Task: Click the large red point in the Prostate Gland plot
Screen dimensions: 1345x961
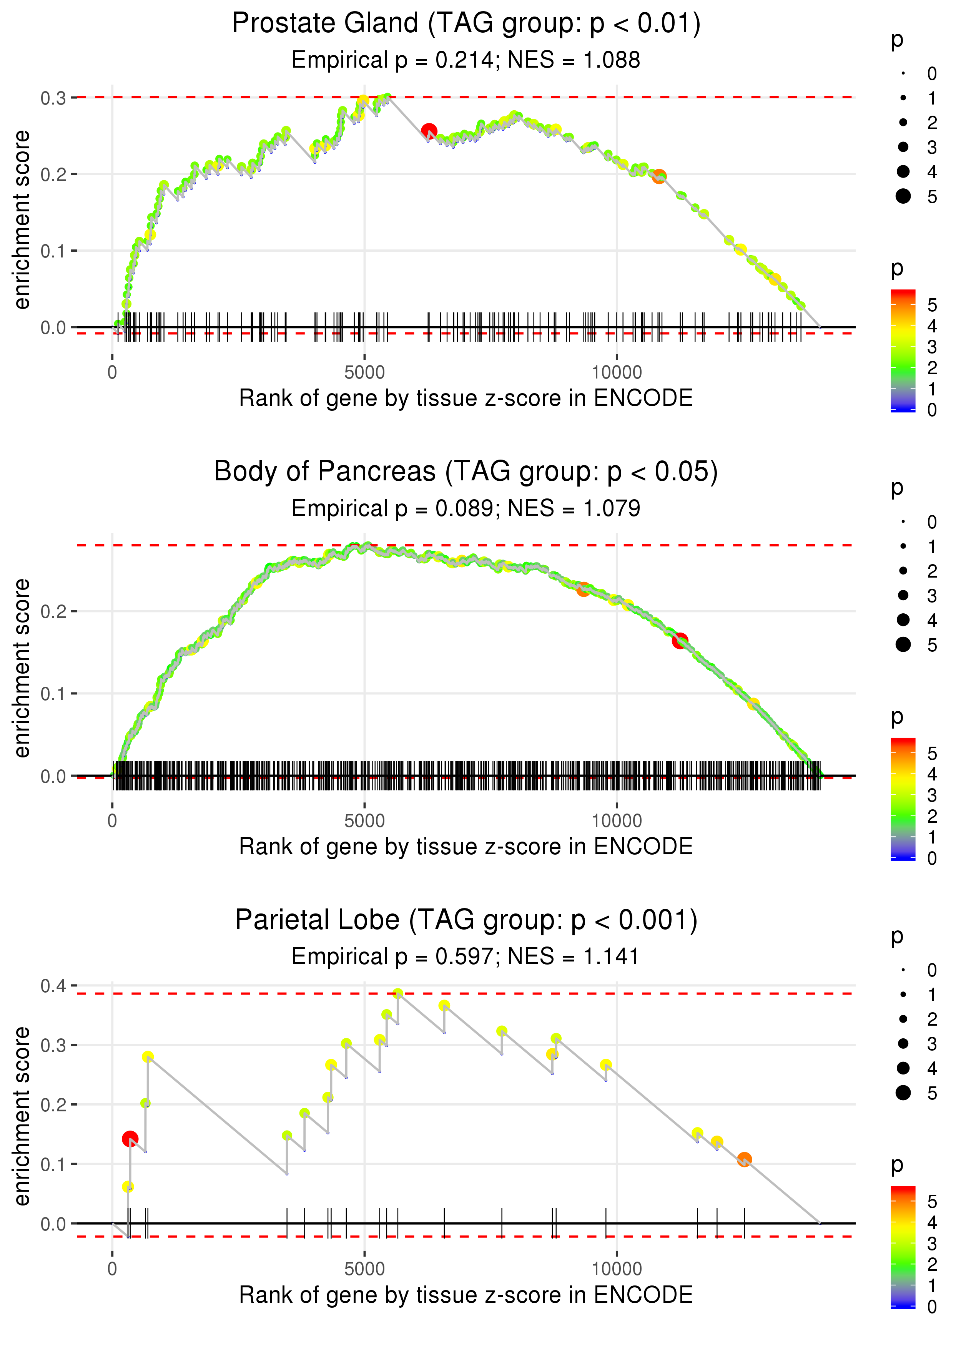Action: click(x=429, y=131)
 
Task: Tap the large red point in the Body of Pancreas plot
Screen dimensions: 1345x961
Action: click(x=680, y=641)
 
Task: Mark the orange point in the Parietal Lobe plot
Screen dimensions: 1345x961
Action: click(x=745, y=1159)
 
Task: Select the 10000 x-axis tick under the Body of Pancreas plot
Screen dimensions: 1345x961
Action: click(x=617, y=821)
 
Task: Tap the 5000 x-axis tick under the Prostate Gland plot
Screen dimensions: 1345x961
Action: click(x=364, y=373)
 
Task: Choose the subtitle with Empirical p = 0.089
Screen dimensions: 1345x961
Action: click(x=466, y=509)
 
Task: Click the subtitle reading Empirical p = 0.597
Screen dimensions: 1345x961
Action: click(x=466, y=956)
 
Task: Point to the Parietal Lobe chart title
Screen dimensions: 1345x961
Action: click(x=466, y=920)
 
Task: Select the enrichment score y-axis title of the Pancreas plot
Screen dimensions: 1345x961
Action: click(x=22, y=668)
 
